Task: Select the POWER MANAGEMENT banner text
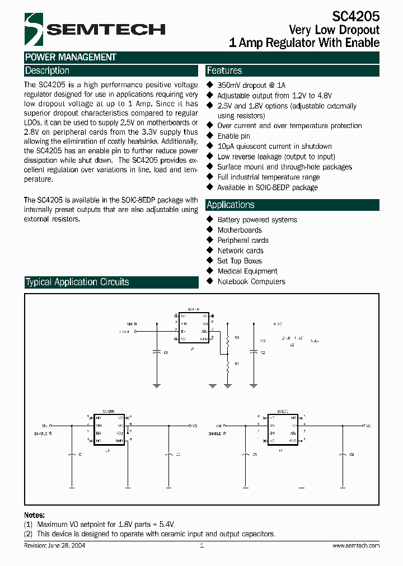coord(71,57)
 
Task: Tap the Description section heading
coord(48,71)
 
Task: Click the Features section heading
coord(224,71)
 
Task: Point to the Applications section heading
coord(231,205)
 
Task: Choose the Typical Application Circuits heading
coord(77,282)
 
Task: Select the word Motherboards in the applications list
coord(240,230)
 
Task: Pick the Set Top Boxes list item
coord(240,261)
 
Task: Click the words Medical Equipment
coord(247,271)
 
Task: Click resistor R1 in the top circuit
coord(228,339)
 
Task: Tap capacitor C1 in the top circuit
coord(157,352)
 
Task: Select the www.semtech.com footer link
coord(356,545)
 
